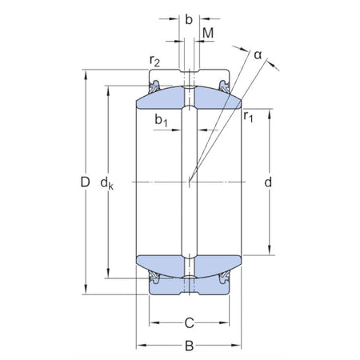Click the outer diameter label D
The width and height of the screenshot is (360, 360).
pos(84,183)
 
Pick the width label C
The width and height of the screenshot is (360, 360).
pos(188,323)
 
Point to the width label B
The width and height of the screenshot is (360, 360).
pos(188,348)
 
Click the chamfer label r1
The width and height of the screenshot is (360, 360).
pos(249,117)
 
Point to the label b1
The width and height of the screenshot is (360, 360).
pos(161,122)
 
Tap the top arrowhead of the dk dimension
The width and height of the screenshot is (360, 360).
pos(107,89)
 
